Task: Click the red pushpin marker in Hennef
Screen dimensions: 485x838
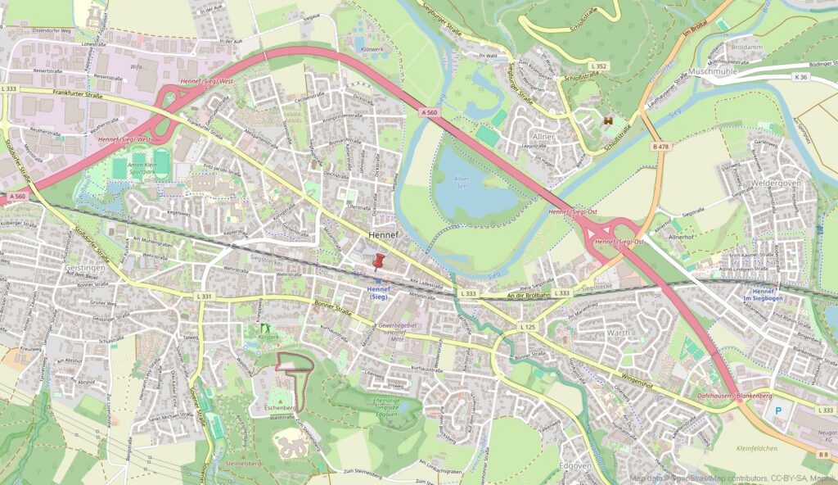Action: point(378,263)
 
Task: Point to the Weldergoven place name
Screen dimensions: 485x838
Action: point(774,184)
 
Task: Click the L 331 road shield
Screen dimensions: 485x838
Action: point(205,297)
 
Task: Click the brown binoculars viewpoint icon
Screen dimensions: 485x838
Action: point(608,120)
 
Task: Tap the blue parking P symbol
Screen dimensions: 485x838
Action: point(778,408)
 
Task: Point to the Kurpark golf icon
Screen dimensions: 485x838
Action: point(264,328)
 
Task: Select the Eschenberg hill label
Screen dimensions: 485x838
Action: point(281,407)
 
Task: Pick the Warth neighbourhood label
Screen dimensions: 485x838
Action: point(618,333)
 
